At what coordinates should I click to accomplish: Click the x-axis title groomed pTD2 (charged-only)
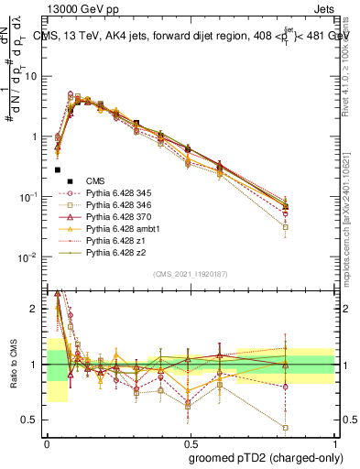267,457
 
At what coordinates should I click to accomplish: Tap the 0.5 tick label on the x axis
191,442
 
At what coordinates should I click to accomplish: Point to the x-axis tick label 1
335,442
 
